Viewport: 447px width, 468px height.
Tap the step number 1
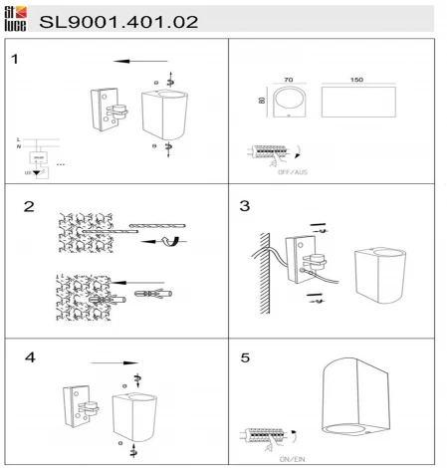(x=15, y=59)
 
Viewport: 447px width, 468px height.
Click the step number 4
(x=31, y=357)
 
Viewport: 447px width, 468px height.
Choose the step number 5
(x=245, y=357)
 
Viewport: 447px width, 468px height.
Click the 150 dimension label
(x=355, y=78)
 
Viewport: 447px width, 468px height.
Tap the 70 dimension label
(x=290, y=78)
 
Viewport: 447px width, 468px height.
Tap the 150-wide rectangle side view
(x=355, y=103)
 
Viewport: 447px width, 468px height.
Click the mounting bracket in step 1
(x=109, y=111)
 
